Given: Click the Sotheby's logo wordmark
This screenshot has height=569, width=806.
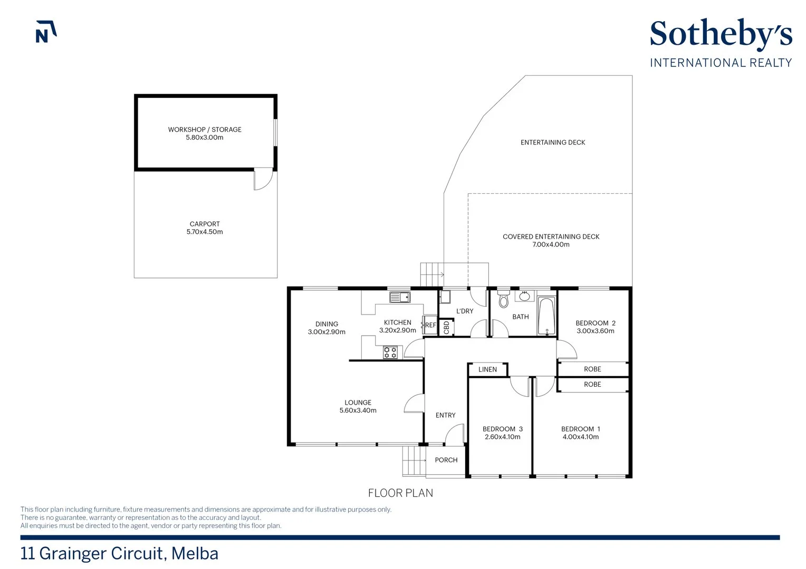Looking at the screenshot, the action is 721,34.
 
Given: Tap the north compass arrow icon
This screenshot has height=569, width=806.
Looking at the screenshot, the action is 46,32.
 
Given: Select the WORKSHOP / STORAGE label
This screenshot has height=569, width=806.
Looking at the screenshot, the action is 204,130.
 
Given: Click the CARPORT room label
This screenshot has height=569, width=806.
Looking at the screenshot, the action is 204,224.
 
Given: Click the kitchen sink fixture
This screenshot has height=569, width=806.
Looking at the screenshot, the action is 400,297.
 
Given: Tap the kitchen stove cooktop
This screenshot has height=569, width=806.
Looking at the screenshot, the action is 390,352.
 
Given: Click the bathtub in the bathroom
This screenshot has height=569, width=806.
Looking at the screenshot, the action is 546,316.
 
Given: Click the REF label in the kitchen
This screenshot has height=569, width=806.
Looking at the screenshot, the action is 430,325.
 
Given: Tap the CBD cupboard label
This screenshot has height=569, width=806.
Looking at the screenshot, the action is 447,328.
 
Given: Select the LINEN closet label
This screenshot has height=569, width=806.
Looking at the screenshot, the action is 487,369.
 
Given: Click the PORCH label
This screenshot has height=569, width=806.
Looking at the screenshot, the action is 446,460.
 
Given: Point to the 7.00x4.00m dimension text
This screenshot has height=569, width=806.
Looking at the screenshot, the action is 551,245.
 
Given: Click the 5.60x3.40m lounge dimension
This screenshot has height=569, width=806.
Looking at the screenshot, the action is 358,410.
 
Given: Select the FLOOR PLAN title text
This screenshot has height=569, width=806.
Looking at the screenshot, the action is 400,493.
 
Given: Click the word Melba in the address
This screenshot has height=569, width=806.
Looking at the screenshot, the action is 195,554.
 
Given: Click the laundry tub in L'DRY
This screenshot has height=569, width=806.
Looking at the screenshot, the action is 445,297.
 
